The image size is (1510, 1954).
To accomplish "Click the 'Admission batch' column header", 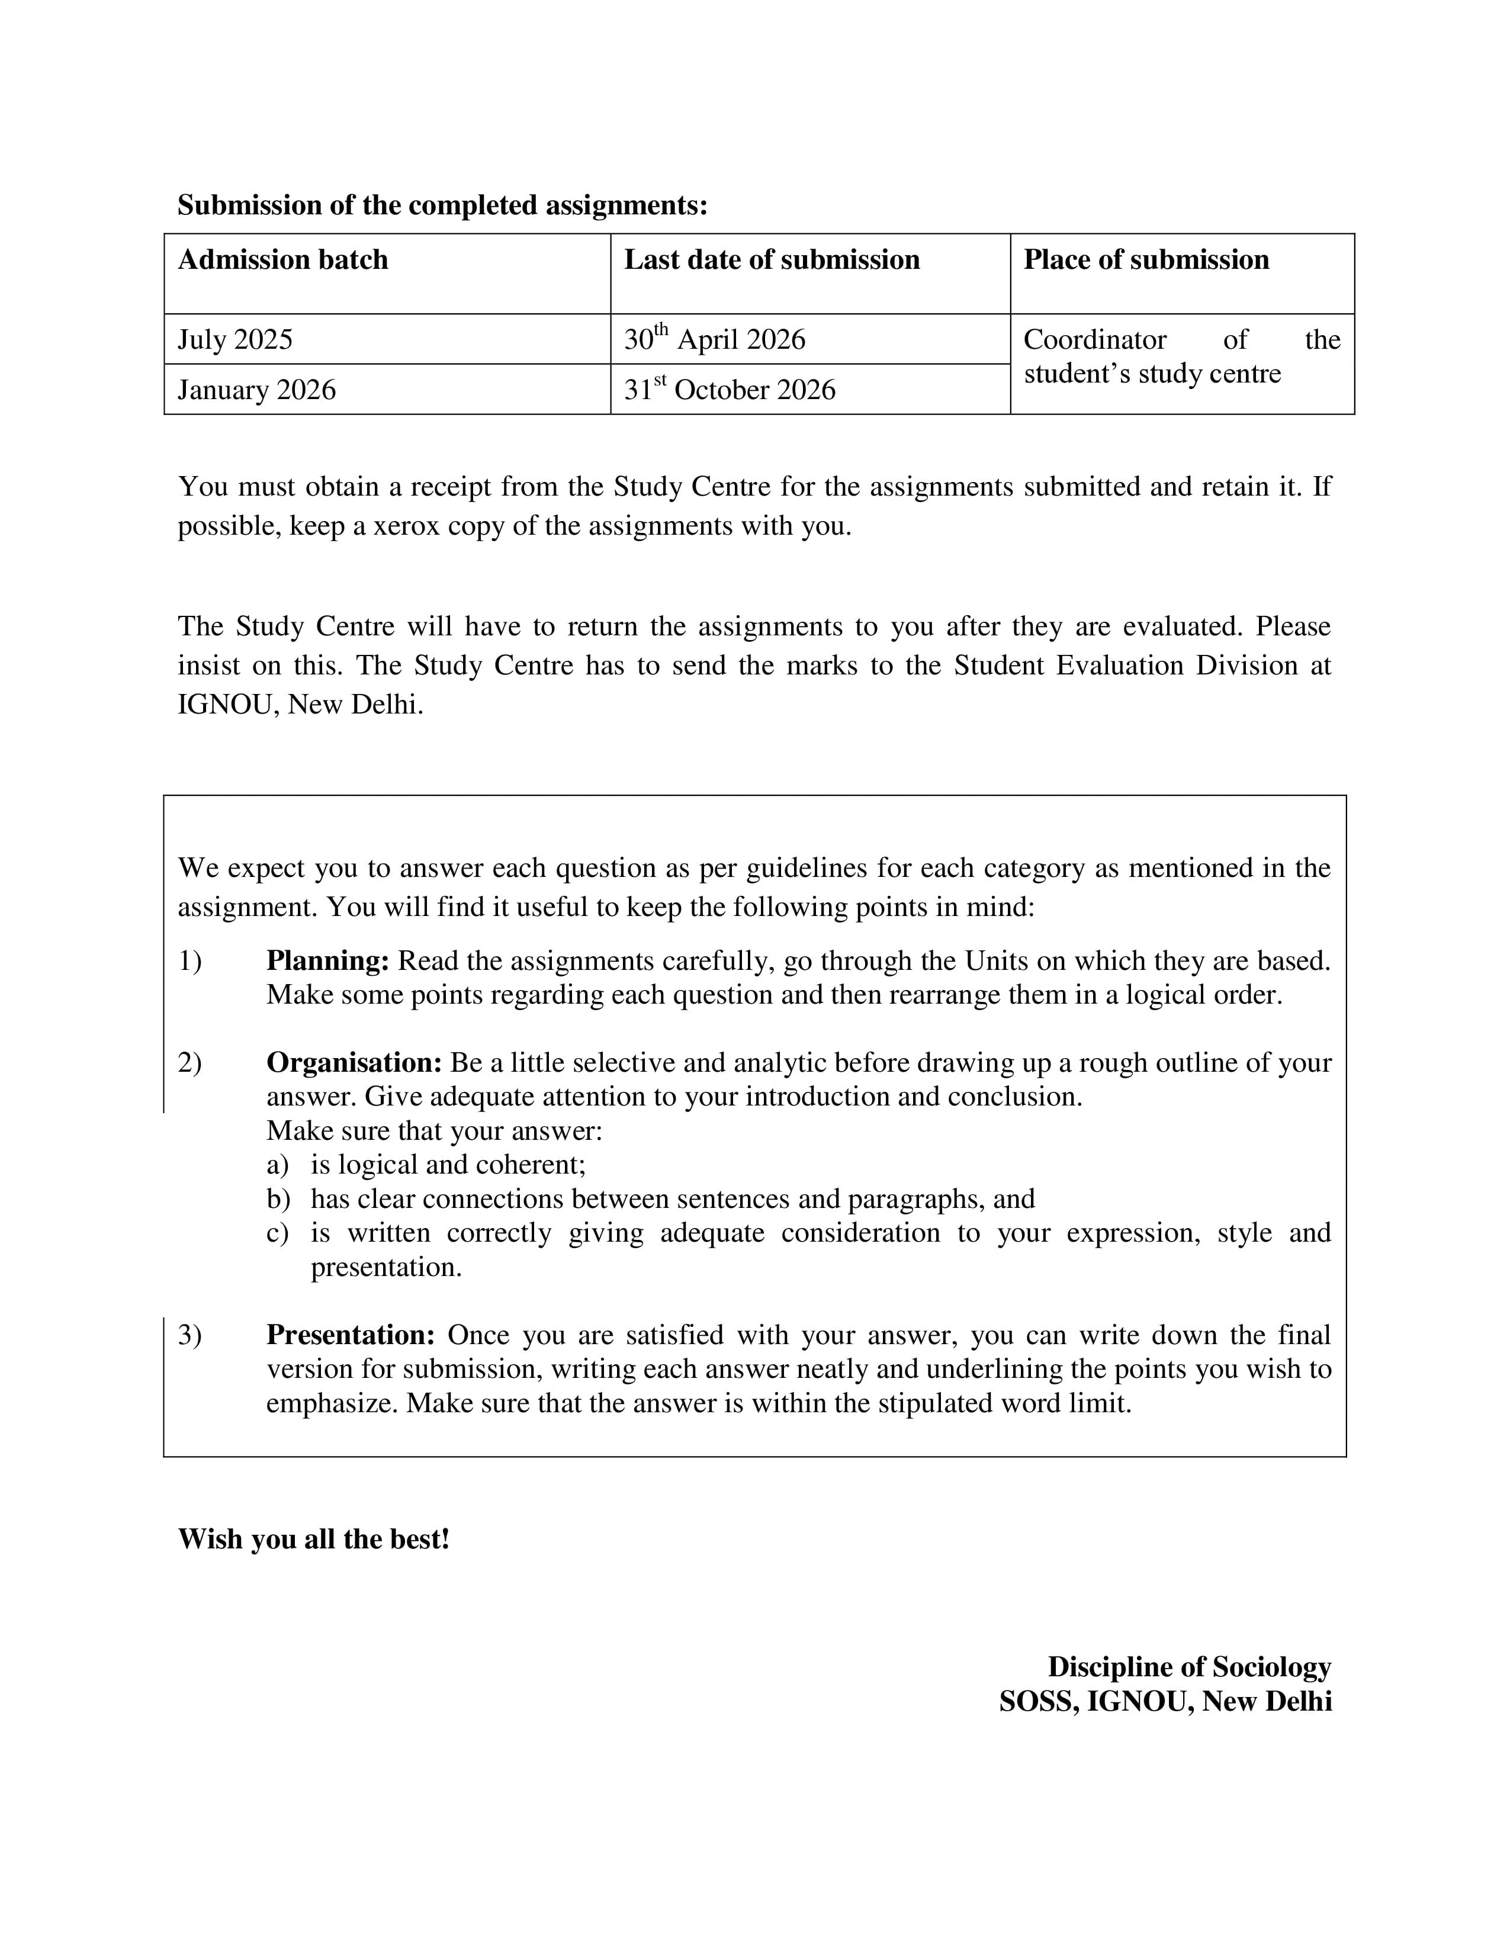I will pos(282,259).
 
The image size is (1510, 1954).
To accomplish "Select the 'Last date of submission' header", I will pos(771,259).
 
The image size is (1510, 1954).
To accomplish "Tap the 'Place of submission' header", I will pos(1145,259).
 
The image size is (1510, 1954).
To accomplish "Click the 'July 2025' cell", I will pos(235,340).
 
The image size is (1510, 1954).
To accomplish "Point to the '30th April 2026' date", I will pos(714,339).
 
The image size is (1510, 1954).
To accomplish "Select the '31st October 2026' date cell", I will pos(729,389).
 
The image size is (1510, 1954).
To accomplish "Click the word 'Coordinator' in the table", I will pos(1094,340).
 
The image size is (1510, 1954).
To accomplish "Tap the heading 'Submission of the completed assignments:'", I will pos(442,205).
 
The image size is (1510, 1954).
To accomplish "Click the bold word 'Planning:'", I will pos(327,961).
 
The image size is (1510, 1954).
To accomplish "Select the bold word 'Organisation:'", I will pos(354,1063).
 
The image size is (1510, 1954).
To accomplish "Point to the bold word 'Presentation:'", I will pos(351,1335).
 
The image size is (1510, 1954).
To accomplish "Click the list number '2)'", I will pos(189,1063).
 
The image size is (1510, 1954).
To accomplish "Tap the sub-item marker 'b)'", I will pos(277,1199).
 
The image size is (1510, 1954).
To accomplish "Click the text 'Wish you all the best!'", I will pos(313,1539).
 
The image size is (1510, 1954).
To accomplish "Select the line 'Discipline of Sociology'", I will pos(1189,1667).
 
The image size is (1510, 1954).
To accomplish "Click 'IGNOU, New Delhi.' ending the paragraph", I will pos(300,705).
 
